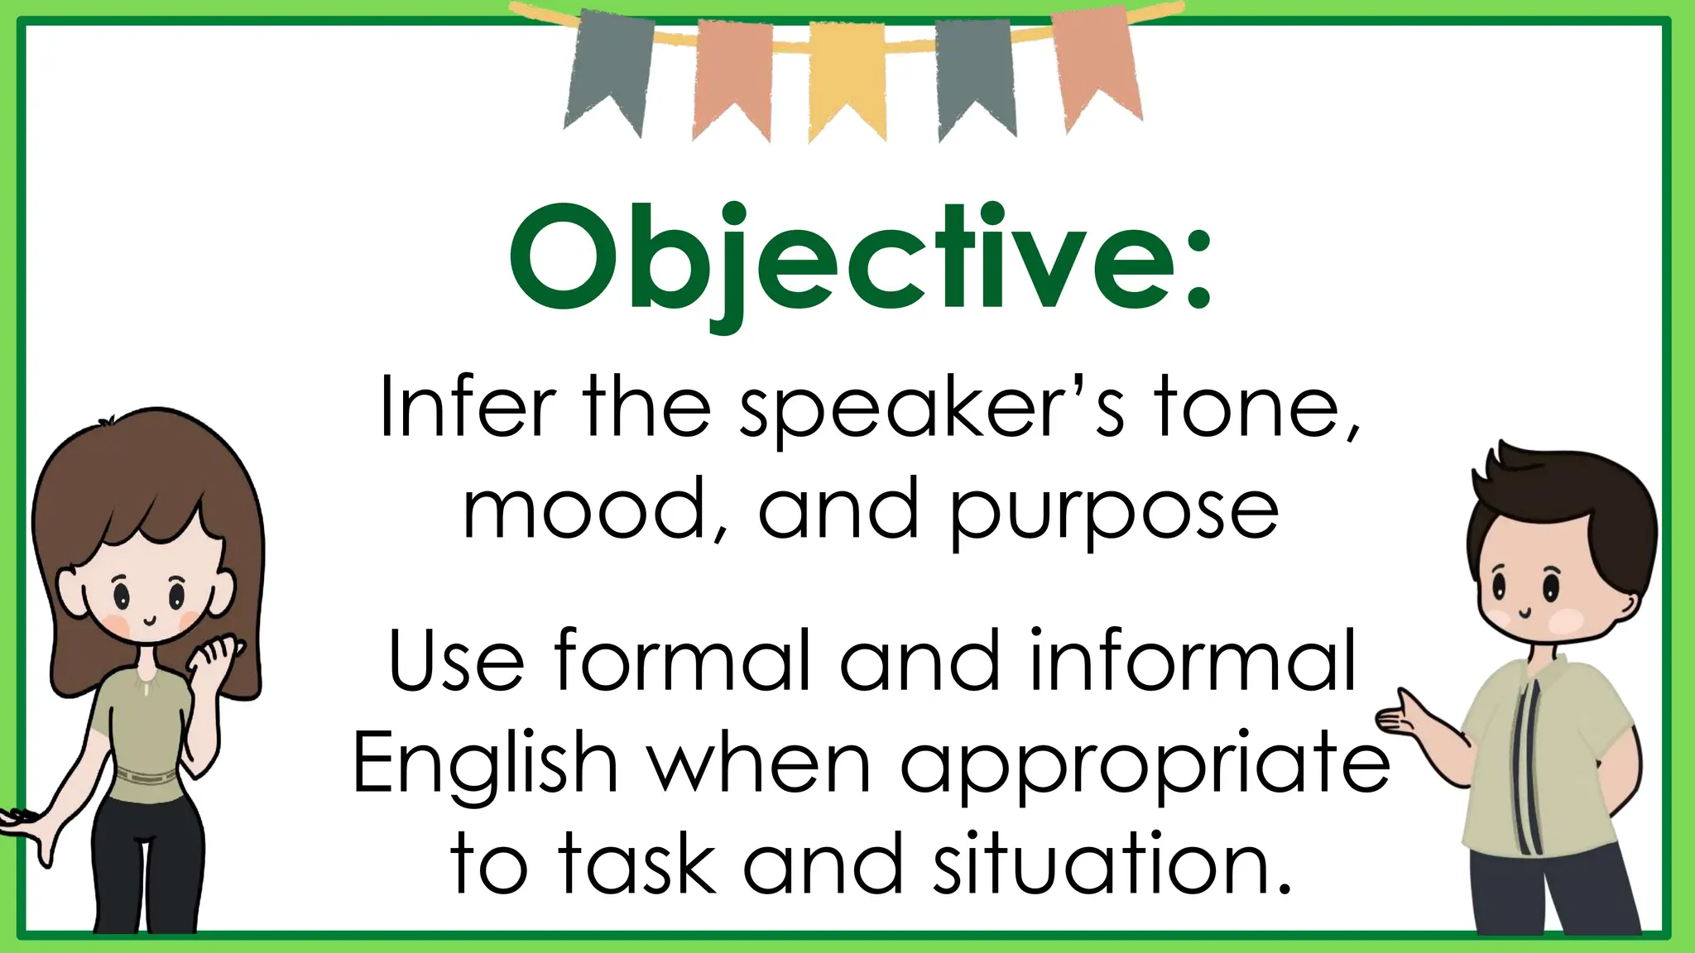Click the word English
click(x=486, y=765)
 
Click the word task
click(x=637, y=864)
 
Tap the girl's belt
click(x=145, y=778)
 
